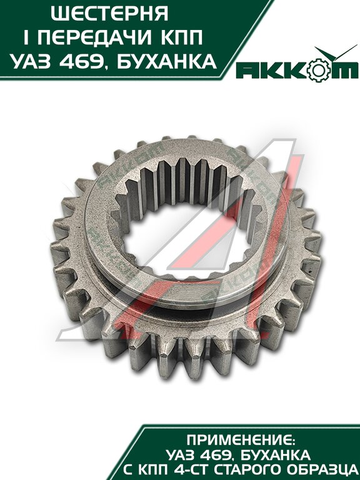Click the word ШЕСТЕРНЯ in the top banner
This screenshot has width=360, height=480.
coord(109,14)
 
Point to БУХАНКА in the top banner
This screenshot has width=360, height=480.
coord(167,61)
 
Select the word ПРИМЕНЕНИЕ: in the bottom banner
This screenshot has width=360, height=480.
coord(241,441)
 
